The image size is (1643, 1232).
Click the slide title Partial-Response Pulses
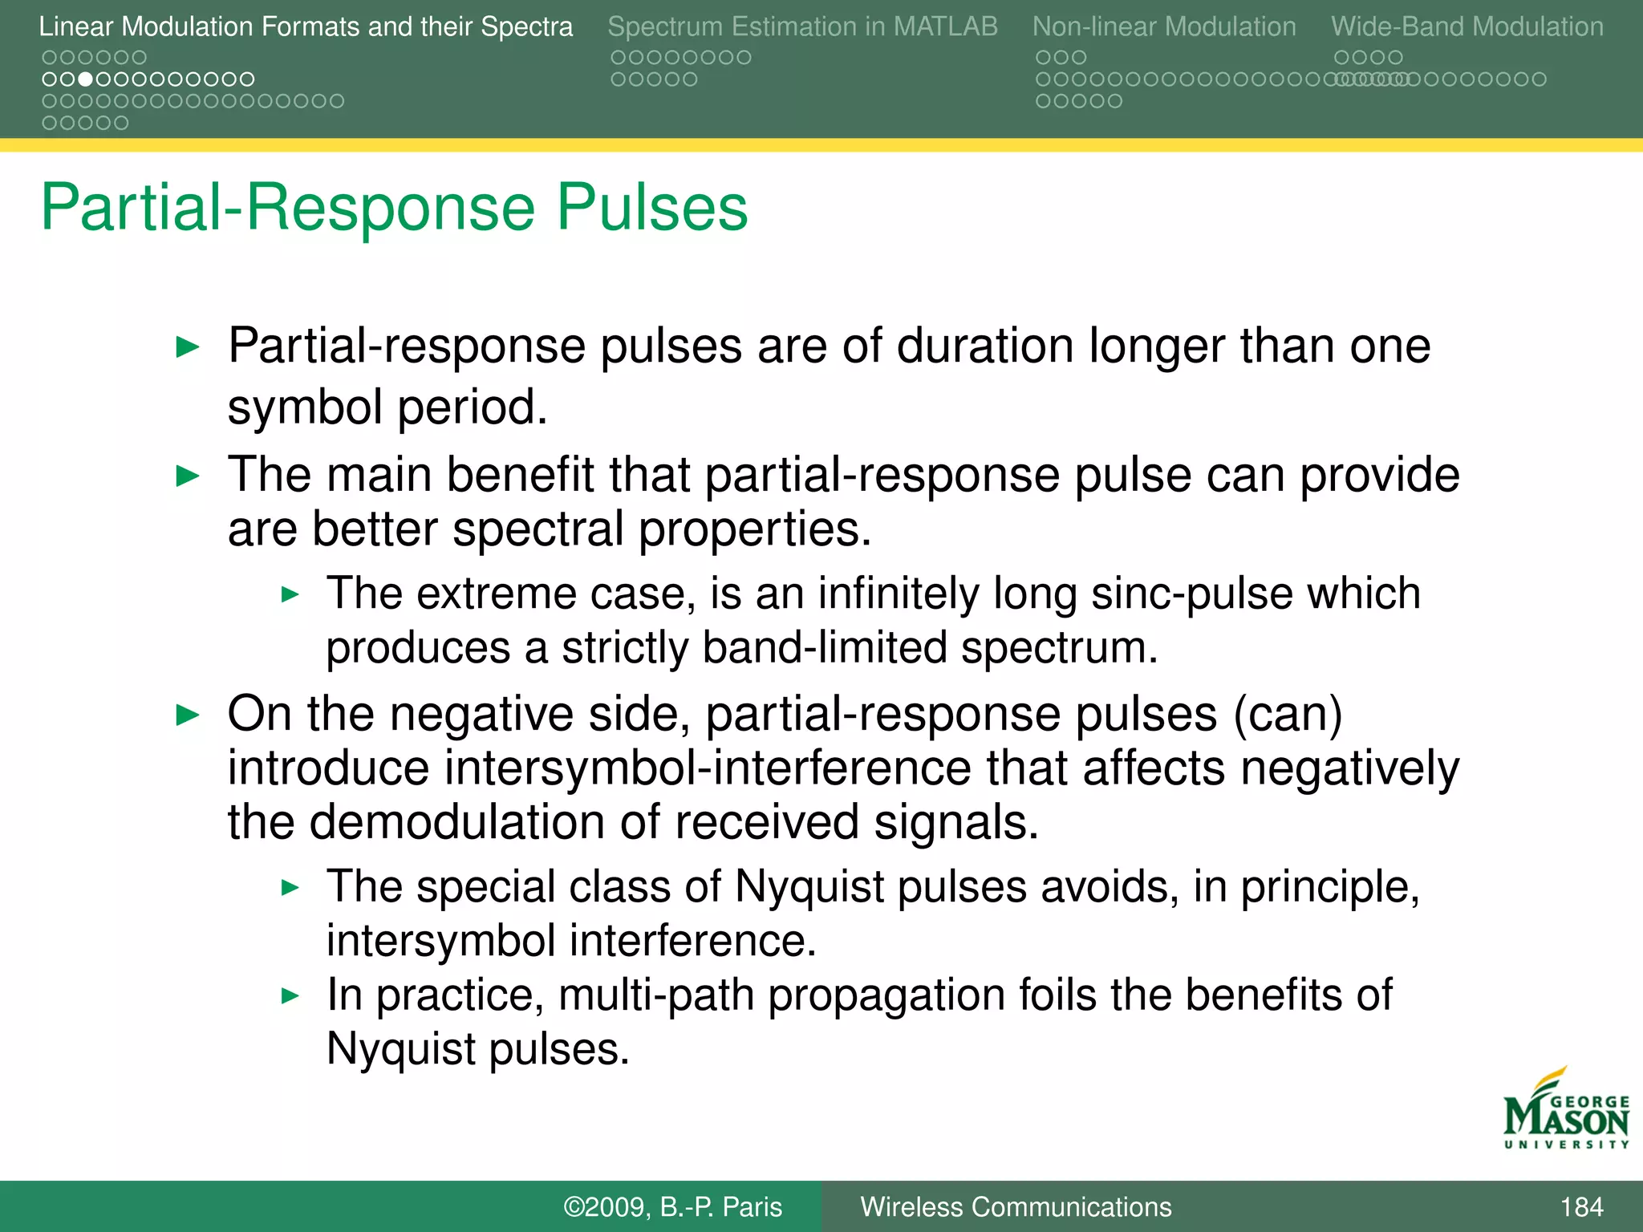[394, 208]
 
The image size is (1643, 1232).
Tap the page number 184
[1581, 1206]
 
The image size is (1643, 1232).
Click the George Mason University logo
[1565, 1110]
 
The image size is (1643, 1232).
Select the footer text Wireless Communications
[1016, 1206]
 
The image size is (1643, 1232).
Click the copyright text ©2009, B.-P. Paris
[672, 1206]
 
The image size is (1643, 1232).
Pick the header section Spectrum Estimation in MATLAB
[802, 26]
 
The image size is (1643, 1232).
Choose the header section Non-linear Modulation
[1164, 26]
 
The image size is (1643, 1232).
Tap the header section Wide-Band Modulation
[1467, 26]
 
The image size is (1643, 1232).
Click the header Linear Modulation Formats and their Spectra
[306, 26]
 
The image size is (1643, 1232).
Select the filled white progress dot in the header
[85, 79]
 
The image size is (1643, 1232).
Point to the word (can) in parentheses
[1287, 714]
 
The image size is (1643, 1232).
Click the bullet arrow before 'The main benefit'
[188, 476]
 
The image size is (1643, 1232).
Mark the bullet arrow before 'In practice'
[290, 996]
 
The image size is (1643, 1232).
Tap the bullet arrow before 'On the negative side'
[188, 715]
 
